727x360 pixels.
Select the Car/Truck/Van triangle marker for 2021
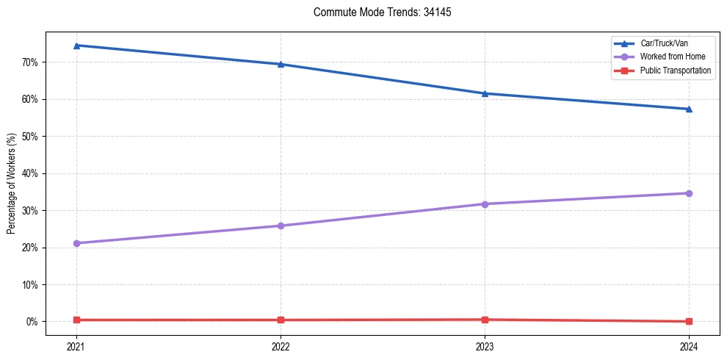click(x=76, y=46)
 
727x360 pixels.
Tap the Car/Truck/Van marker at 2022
click(x=281, y=64)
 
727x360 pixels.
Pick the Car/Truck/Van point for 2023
click(x=485, y=93)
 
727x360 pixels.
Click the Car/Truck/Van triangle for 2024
click(x=689, y=109)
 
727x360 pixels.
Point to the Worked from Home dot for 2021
click(x=76, y=243)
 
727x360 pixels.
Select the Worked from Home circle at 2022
click(x=281, y=226)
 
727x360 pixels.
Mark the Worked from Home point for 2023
click(x=485, y=204)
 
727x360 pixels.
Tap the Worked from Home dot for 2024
click(x=689, y=193)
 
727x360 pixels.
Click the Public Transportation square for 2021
click(x=76, y=320)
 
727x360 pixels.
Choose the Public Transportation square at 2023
click(x=485, y=320)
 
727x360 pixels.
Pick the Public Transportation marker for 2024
click(x=689, y=321)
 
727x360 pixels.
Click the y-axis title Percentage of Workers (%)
click(x=11, y=184)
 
